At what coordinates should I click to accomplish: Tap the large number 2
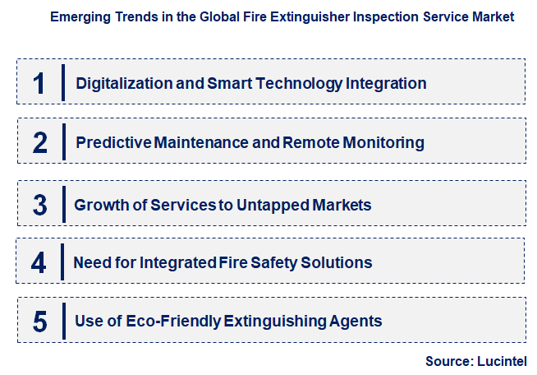[40, 142]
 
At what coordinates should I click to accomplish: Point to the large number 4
[39, 262]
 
